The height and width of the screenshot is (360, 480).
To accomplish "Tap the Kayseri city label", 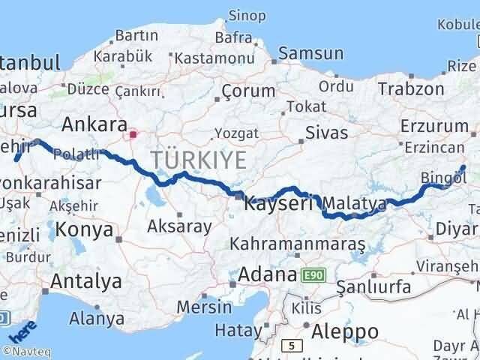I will click(278, 203).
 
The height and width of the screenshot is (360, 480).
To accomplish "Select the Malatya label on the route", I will click(356, 204).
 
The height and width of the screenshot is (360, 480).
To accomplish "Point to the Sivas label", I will click(327, 133).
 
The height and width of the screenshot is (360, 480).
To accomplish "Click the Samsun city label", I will click(310, 53).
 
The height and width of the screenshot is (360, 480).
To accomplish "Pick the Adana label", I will click(268, 275).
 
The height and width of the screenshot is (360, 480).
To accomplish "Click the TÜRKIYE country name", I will click(199, 160).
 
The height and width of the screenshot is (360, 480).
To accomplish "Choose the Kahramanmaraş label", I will click(298, 244).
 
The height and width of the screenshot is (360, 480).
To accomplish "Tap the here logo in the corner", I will click(22, 330).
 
